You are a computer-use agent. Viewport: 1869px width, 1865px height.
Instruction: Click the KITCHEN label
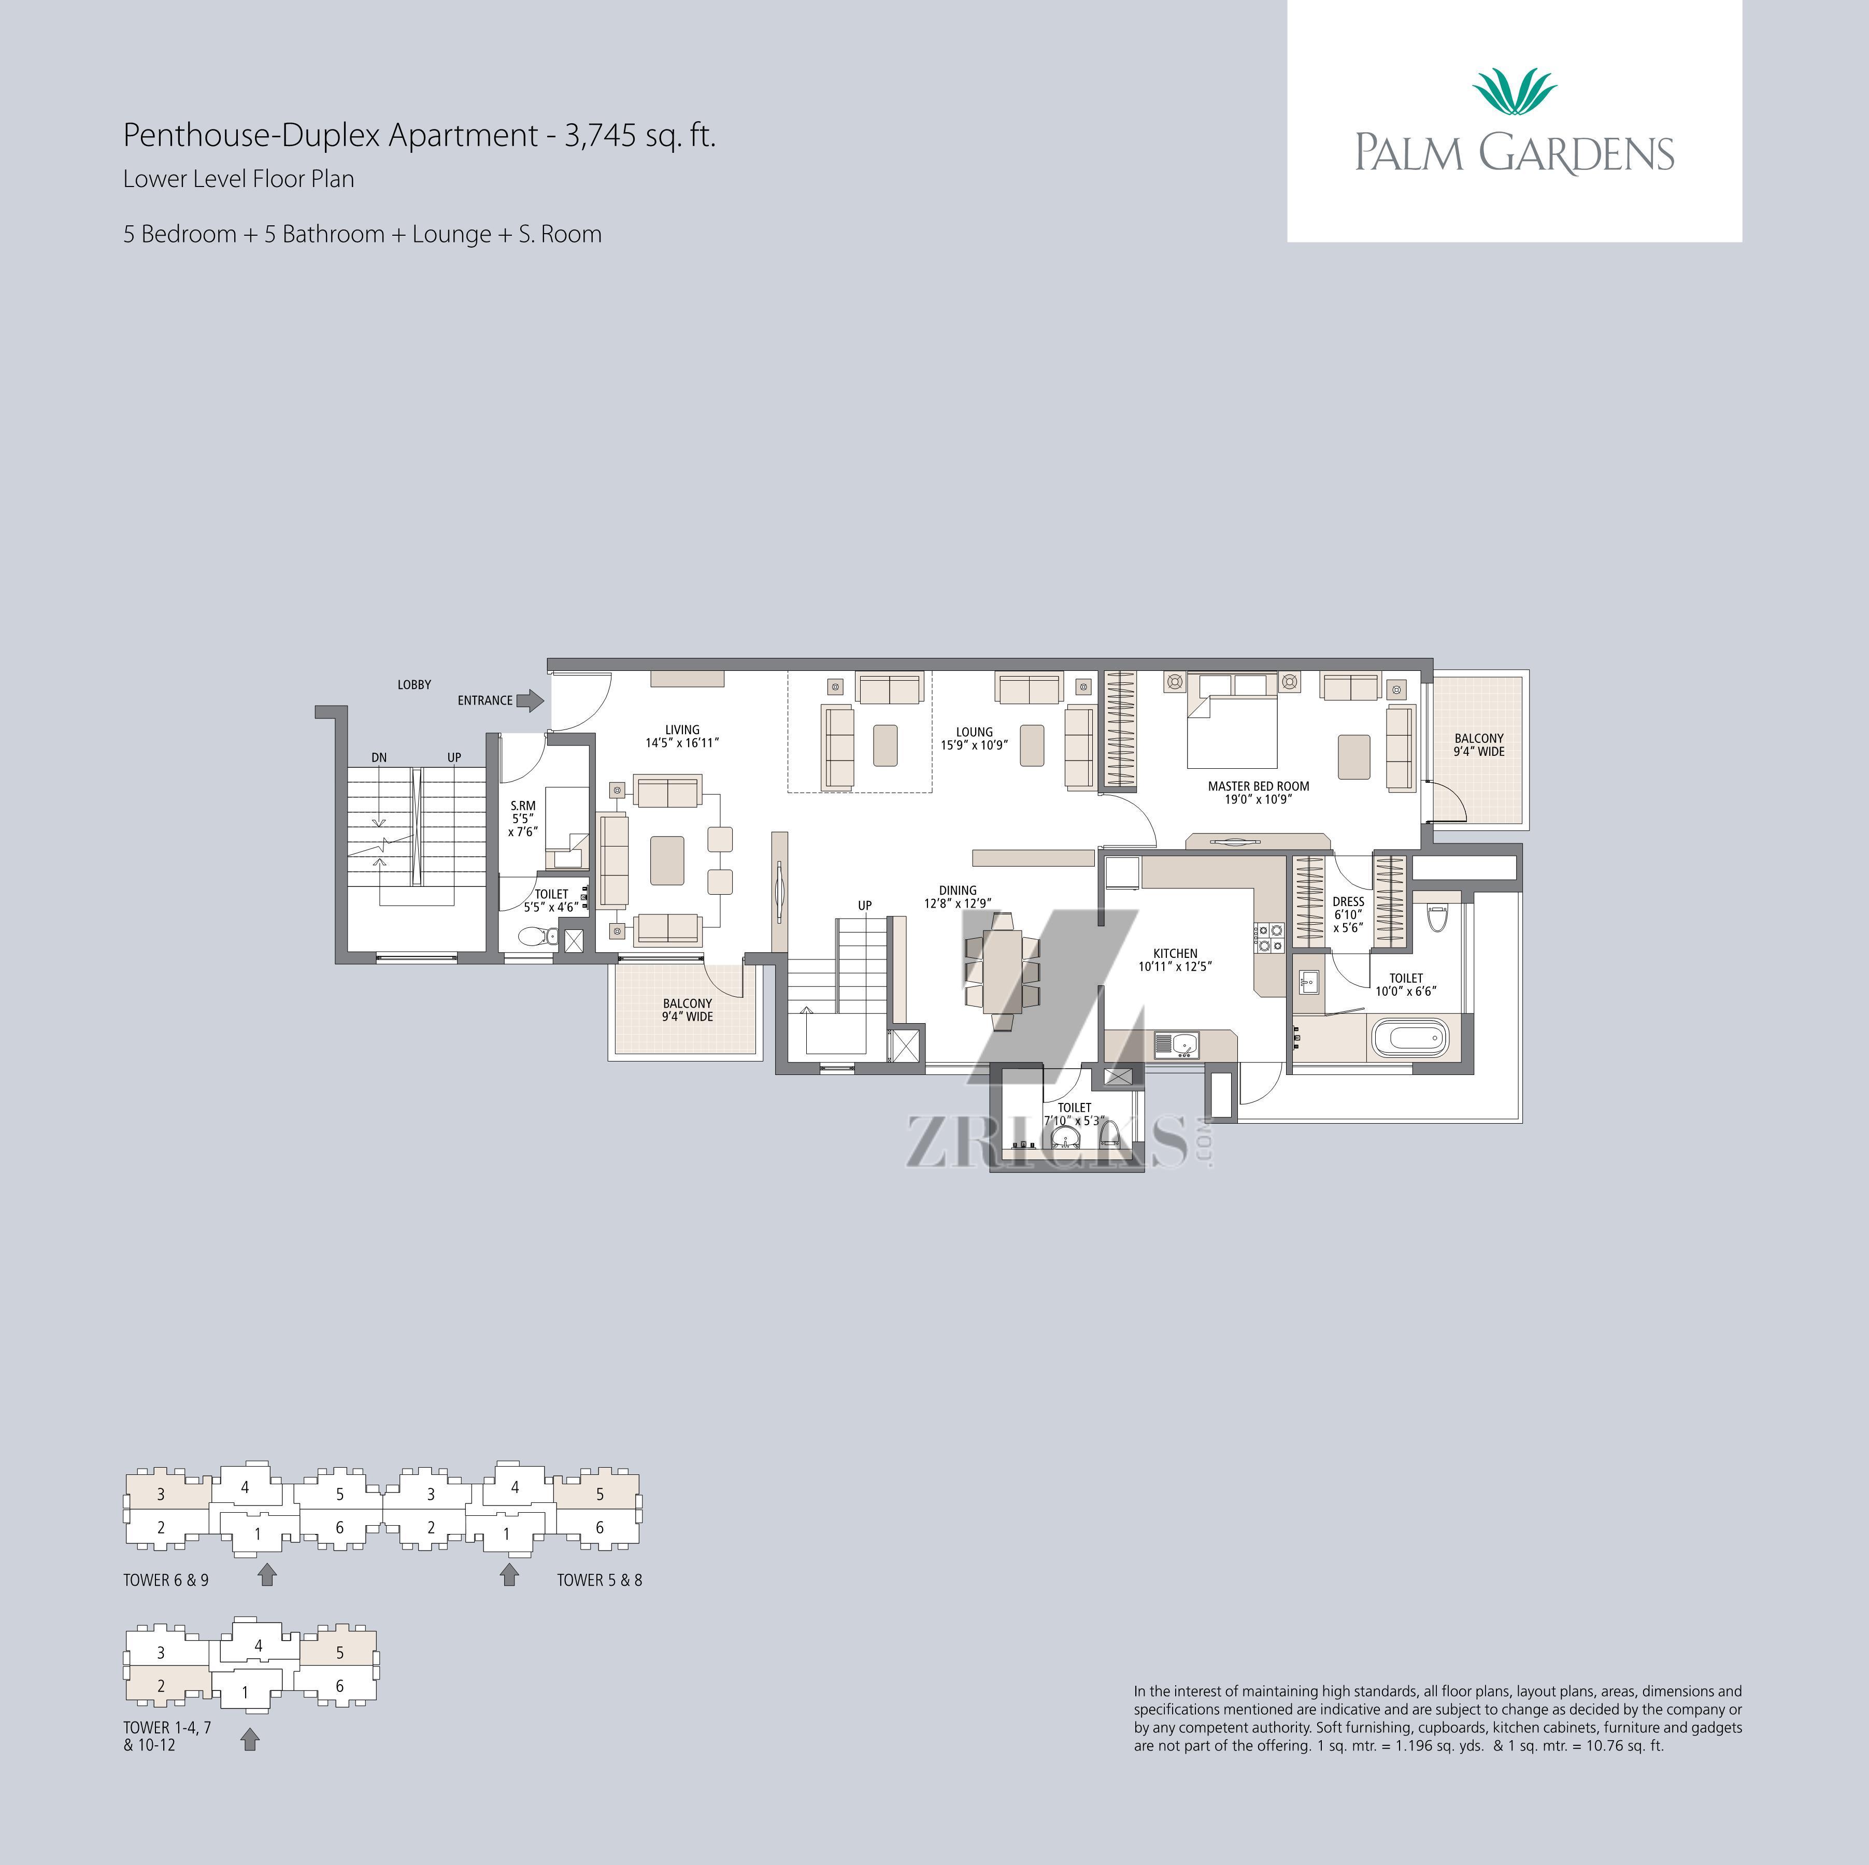(x=1175, y=953)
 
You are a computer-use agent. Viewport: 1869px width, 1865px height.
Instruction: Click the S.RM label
(x=522, y=806)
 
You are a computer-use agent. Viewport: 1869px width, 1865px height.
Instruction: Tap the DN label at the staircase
(x=379, y=757)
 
